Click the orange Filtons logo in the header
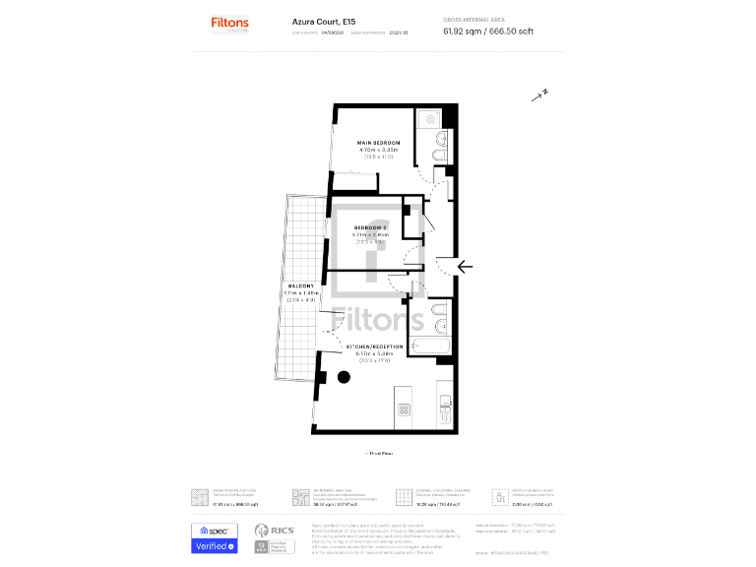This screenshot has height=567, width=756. [x=230, y=22]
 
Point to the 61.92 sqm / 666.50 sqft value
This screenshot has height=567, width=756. [x=488, y=31]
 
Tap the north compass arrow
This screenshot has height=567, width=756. [x=538, y=95]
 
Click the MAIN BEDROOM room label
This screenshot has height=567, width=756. [x=378, y=143]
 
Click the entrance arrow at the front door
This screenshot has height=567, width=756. [x=465, y=265]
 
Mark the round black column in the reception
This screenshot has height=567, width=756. [x=344, y=377]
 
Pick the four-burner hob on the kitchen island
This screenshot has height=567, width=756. [x=404, y=409]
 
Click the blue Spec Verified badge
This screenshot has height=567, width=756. [x=214, y=538]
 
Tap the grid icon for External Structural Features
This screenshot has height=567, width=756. [x=402, y=496]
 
